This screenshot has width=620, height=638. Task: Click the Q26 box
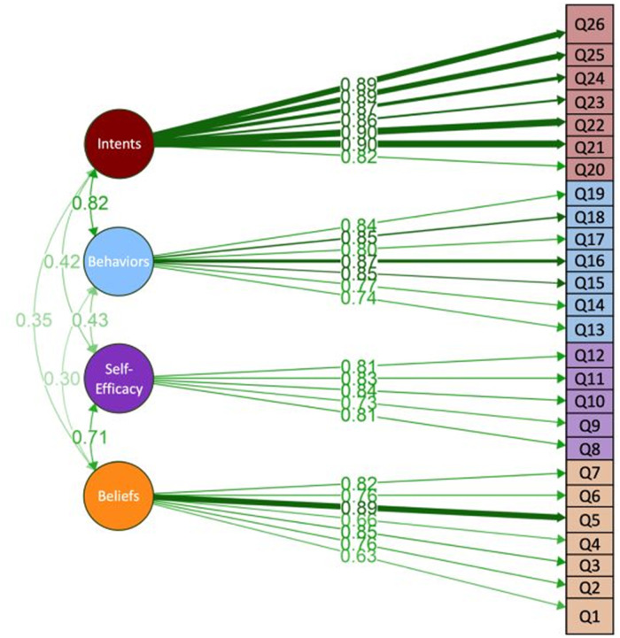pos(588,27)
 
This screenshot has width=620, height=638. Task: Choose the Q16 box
pos(588,261)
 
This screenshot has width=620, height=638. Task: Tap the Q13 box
pos(588,329)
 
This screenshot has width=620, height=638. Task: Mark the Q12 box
pos(588,356)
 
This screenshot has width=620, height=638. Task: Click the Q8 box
pos(588,448)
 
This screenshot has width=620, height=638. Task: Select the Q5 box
pos(588,519)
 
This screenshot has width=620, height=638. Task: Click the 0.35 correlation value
pos(34,319)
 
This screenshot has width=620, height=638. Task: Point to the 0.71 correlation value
pos(90,436)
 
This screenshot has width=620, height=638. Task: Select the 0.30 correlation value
pos(62,378)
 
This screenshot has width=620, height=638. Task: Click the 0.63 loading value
pos(359,556)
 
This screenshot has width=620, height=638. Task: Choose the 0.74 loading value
pos(359,299)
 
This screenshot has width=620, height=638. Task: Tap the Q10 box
pos(588,401)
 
